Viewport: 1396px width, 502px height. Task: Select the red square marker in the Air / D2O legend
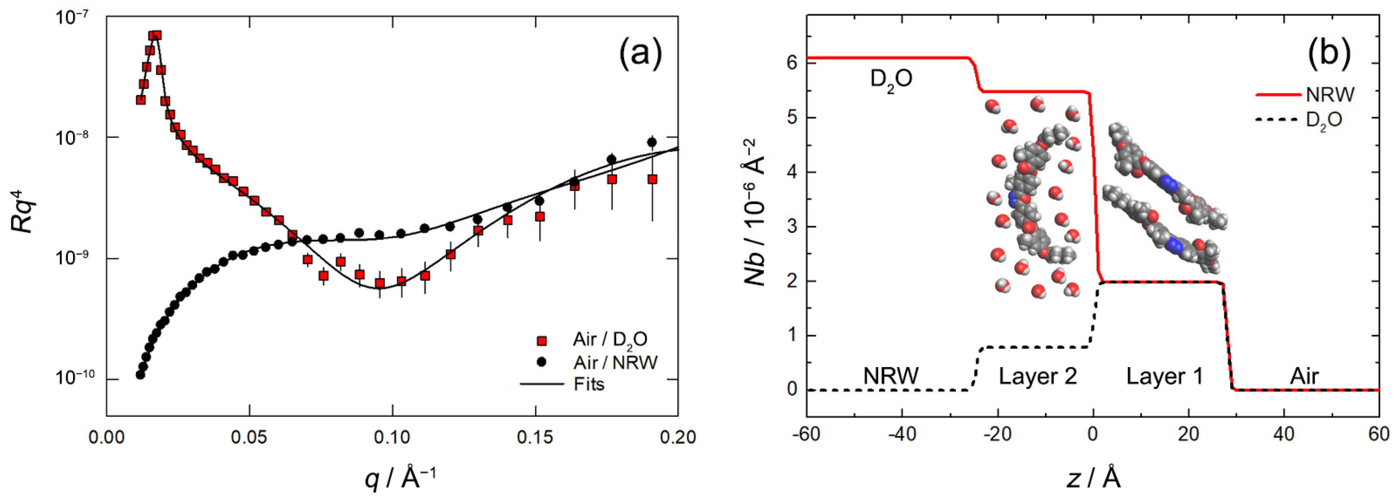click(x=541, y=341)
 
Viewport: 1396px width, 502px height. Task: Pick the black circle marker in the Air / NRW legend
click(x=541, y=362)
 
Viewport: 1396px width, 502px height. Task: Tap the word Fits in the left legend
click(x=589, y=384)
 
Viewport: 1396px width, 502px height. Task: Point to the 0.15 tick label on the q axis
click(x=535, y=437)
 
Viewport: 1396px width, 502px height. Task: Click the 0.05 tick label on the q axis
click(x=249, y=437)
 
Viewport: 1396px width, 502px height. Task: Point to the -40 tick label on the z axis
click(x=901, y=434)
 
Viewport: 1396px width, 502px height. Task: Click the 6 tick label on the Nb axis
click(x=792, y=63)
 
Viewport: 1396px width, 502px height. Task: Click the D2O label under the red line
click(x=891, y=80)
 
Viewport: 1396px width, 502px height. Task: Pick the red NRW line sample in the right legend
click(x=1278, y=95)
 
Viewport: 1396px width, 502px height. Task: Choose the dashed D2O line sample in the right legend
click(x=1278, y=119)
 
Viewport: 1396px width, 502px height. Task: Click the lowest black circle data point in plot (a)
click(x=140, y=374)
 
